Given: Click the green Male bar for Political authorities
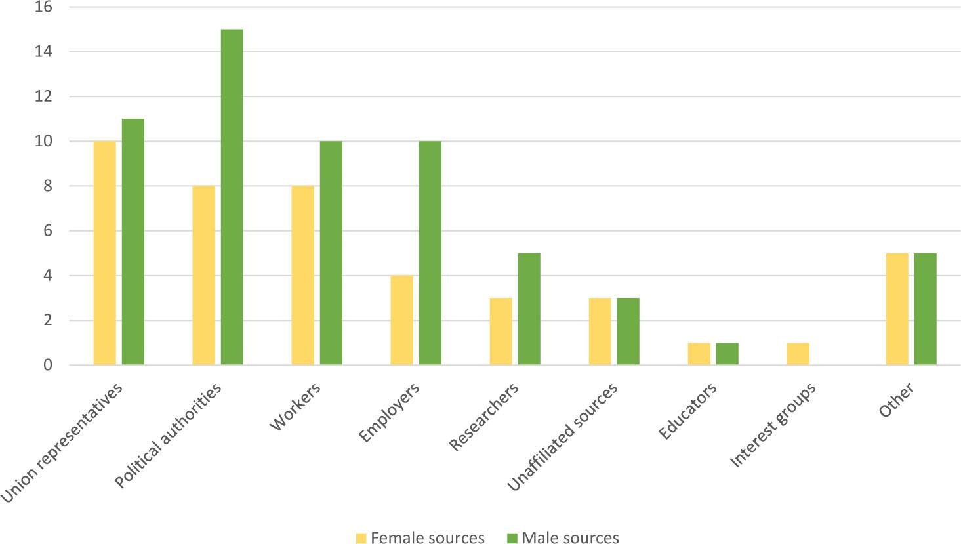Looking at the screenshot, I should (232, 197).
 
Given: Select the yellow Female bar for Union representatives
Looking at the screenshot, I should (105, 253).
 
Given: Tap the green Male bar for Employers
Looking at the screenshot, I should (430, 253).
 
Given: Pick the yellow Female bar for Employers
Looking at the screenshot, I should (401, 320).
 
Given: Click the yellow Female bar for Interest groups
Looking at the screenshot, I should (798, 354).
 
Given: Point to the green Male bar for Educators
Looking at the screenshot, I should (727, 354).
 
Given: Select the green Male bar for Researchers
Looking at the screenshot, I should (529, 309).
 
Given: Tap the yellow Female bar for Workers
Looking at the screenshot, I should (302, 276).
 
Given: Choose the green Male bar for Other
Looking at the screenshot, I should (925, 309).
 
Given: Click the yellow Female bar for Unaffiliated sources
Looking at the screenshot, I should (600, 331).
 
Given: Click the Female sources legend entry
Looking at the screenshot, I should (420, 538).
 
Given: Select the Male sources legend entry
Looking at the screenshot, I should (563, 538).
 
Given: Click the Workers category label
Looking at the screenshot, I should (296, 407).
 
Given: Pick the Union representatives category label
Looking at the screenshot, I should (62, 443).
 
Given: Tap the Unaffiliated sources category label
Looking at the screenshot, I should (563, 436).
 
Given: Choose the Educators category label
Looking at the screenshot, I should (687, 412).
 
